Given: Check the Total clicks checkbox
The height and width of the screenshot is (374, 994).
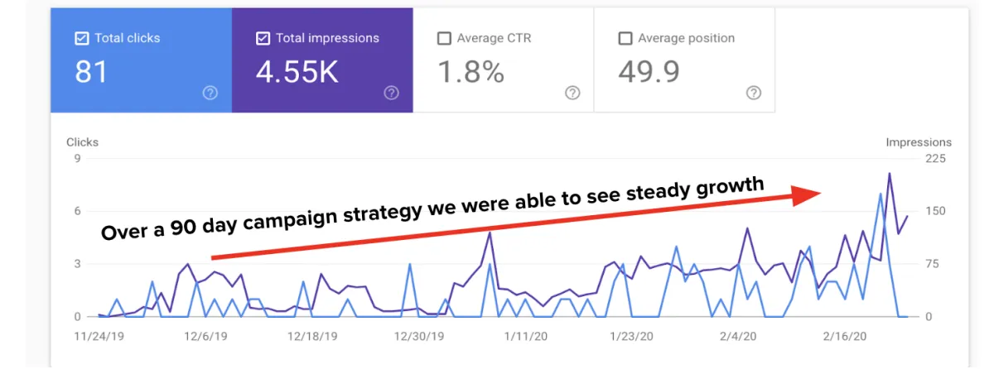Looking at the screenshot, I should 81,38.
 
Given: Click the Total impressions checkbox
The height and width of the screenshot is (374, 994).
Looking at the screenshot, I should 263,38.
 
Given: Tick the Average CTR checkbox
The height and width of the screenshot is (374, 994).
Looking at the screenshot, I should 444,38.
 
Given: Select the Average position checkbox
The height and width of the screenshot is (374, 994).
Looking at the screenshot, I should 625,38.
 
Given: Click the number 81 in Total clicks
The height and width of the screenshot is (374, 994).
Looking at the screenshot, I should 91,72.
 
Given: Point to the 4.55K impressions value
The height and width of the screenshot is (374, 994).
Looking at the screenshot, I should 297,72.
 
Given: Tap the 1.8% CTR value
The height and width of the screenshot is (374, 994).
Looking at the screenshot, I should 470,72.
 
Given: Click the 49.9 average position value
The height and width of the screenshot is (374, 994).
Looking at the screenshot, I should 649,72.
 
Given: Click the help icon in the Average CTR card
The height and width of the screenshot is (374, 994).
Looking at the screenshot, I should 572,93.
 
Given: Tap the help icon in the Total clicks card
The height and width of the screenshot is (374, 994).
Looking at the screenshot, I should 210,93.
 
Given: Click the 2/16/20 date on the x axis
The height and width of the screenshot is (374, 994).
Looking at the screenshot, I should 844,337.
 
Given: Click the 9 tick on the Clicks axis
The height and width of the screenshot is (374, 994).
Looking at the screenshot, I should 77,159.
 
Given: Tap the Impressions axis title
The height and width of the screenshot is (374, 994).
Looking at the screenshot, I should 919,142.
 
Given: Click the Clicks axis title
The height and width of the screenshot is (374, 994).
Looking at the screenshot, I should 83,142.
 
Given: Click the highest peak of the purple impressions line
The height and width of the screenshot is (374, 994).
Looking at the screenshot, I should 890,174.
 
